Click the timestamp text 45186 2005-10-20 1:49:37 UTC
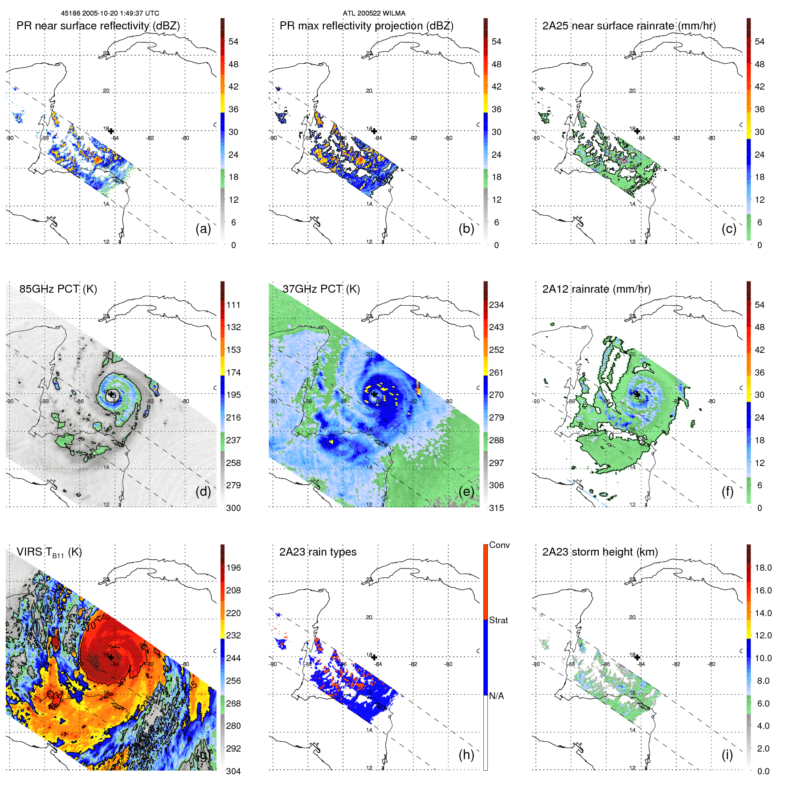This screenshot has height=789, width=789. (110, 13)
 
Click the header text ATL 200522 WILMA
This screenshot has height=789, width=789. (374, 13)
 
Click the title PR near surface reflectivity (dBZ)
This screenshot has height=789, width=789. (98, 26)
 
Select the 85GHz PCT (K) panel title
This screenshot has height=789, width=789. (58, 289)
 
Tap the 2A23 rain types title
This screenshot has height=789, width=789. (318, 552)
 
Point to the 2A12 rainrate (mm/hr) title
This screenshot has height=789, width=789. (596, 289)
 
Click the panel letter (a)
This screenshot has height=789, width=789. (203, 229)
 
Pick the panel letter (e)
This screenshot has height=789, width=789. (466, 491)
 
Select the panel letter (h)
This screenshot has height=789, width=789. (466, 755)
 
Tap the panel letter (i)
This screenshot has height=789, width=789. (727, 755)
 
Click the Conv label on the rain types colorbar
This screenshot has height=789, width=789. (499, 545)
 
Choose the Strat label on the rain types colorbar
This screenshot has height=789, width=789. (498, 621)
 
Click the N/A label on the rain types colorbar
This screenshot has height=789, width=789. (496, 696)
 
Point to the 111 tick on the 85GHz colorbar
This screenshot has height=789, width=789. (233, 305)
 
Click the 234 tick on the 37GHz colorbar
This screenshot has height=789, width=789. (496, 305)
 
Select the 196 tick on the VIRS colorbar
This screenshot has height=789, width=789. (233, 568)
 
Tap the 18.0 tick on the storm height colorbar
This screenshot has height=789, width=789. (763, 568)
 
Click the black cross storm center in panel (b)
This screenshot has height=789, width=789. (374, 131)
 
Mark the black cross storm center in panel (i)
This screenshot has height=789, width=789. (637, 657)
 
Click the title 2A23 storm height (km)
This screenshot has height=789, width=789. (600, 552)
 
